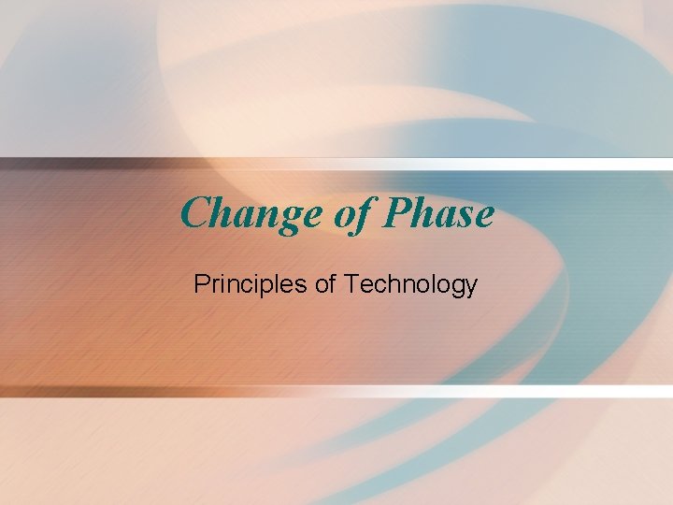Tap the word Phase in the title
pos(438,214)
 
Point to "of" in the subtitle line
pos(326,284)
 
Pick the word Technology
pos(411,284)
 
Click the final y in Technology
pos(471,288)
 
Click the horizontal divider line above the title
pos(336,164)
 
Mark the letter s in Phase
pos(464,218)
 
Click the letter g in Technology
pos(456,288)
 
